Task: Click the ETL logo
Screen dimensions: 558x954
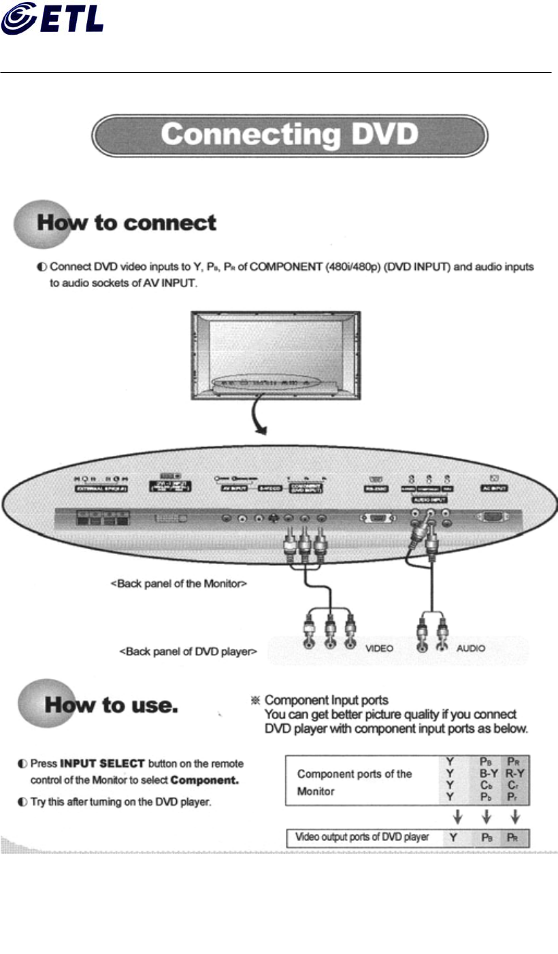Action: point(52,18)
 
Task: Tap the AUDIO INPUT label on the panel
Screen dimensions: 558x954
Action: point(429,499)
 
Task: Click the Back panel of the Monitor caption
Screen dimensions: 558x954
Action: point(178,585)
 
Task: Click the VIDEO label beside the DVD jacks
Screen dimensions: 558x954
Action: point(380,648)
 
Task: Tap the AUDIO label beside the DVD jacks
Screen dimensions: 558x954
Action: point(471,648)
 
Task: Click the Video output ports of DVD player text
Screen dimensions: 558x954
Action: point(361,837)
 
